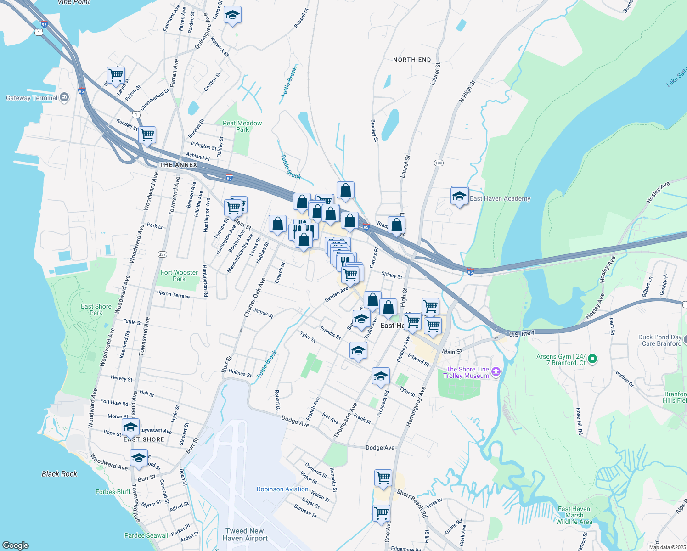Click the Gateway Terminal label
[x=32, y=98]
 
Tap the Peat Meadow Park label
[x=242, y=126]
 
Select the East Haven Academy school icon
[x=459, y=197]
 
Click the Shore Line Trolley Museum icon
[x=496, y=372]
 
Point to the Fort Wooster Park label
[x=179, y=275]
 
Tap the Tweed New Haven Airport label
[x=245, y=534]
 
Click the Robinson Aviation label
[x=282, y=489]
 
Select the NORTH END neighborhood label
[x=412, y=60]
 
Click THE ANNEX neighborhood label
[x=178, y=165]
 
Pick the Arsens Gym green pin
[x=592, y=359]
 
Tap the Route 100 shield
[x=439, y=163]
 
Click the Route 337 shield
[x=162, y=254]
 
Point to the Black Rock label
[x=60, y=474]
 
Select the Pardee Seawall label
[x=146, y=535]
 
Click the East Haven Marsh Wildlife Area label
[x=574, y=515]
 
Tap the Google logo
[x=16, y=545]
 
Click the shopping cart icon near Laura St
[x=116, y=74]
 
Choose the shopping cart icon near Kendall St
[x=147, y=135]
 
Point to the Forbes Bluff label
[x=113, y=492]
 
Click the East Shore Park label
[x=96, y=309]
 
